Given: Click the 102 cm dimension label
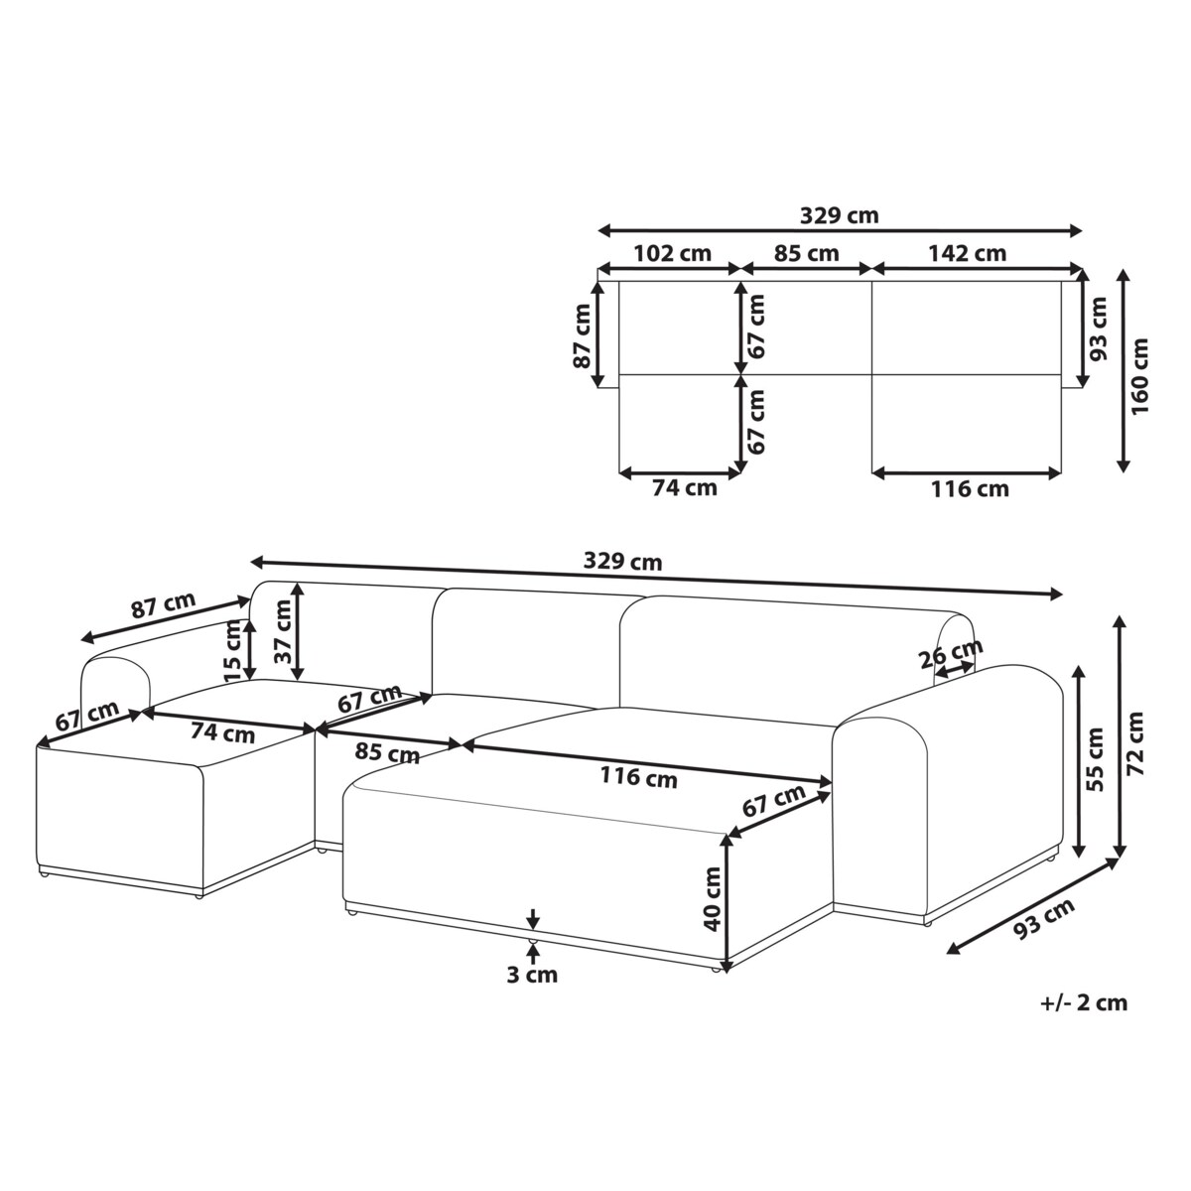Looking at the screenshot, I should coord(671,253).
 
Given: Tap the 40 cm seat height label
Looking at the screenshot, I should coord(711,899).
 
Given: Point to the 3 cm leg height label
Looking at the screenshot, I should coord(532,975).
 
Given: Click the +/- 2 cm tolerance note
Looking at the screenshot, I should coord(1084,1002).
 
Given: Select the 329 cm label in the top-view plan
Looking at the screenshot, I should coord(839,215).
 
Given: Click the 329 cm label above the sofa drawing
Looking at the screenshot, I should coord(622,562).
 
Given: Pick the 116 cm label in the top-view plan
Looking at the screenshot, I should coord(969,488).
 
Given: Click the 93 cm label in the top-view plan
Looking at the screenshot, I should coord(1099,330).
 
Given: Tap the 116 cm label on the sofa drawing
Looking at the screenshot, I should coord(639,777).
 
